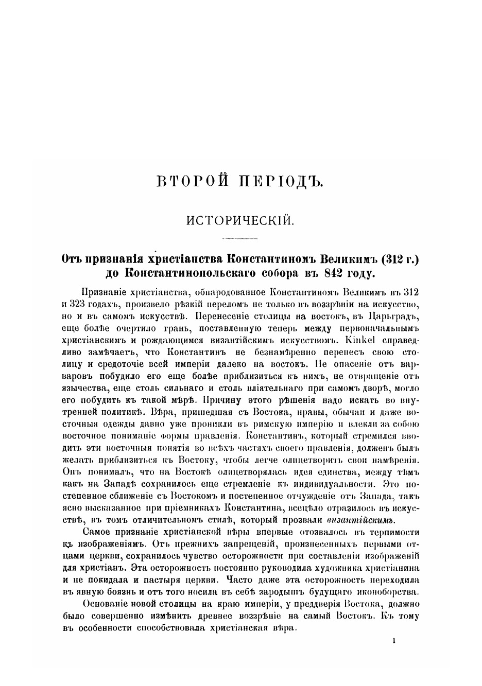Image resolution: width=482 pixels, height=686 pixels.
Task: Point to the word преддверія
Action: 308,604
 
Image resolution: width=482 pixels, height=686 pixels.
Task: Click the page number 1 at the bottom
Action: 393,641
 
